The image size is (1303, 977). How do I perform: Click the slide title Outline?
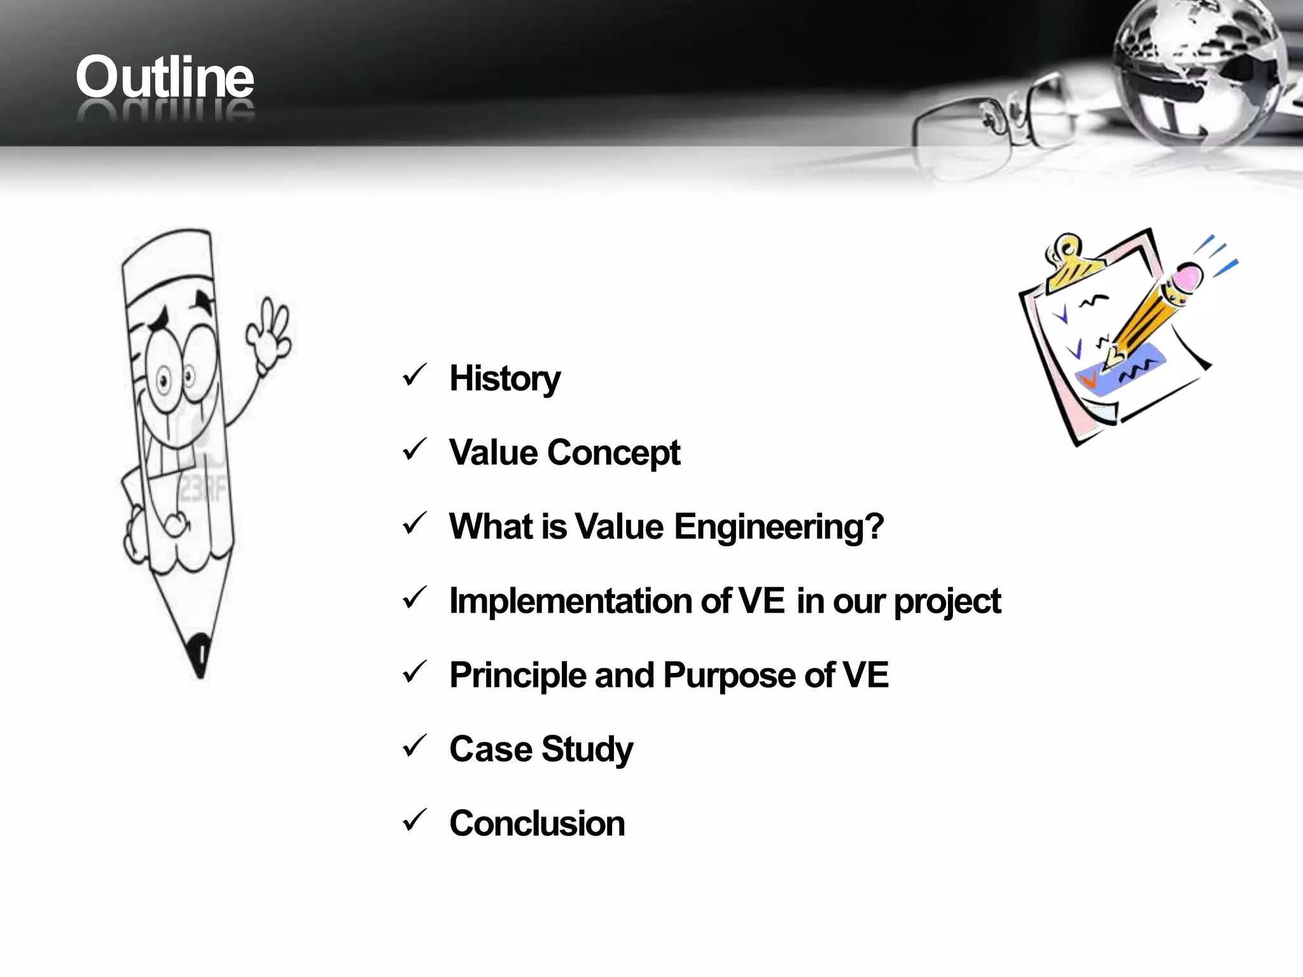point(165,78)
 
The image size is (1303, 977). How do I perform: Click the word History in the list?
point(505,378)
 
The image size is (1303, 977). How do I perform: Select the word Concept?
point(613,453)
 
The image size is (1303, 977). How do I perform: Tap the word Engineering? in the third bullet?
point(778,527)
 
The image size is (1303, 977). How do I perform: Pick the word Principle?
point(517,676)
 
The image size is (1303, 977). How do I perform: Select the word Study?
point(587,749)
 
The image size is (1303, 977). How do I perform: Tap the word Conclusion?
point(537,824)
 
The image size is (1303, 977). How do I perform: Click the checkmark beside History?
point(414,376)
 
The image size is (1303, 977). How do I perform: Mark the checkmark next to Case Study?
point(414,747)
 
